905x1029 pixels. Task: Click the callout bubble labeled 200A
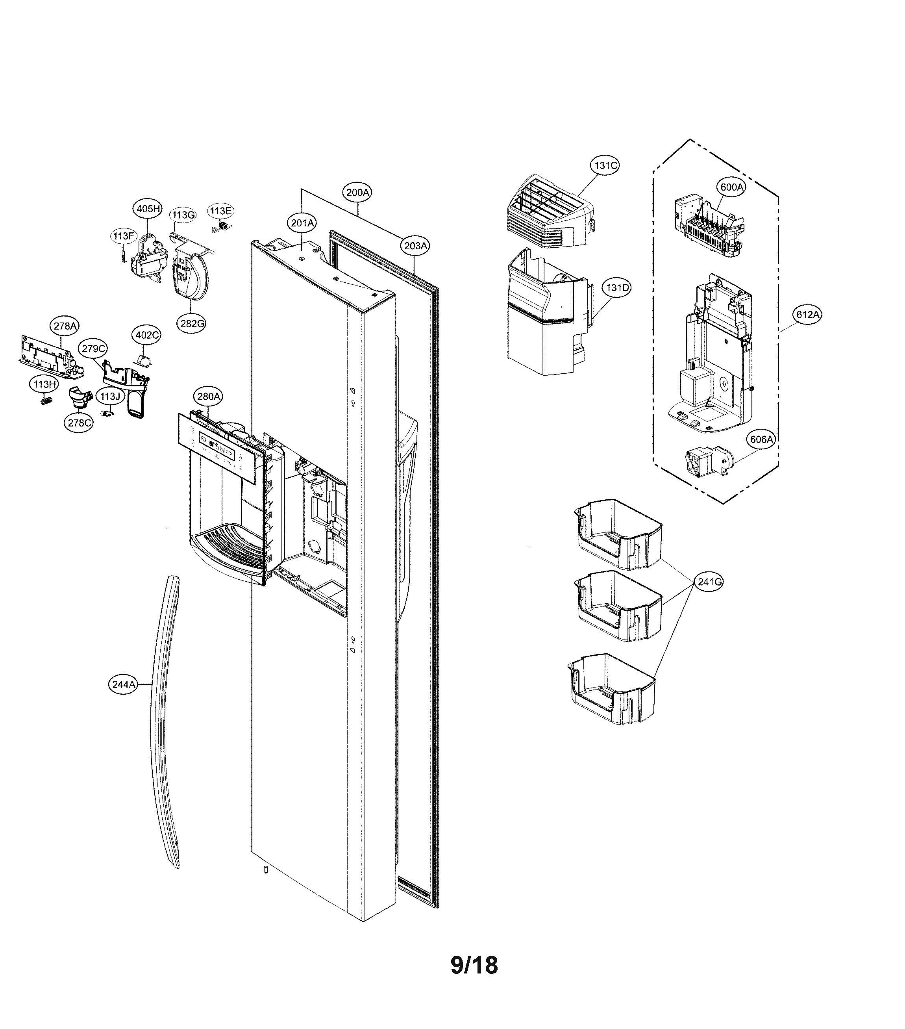tap(358, 192)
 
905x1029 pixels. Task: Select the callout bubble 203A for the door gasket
tap(416, 246)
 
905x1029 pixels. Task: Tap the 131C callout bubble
tap(605, 165)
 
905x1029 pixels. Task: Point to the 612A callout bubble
tap(807, 315)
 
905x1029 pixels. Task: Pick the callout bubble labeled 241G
tap(710, 582)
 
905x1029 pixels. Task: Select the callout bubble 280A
tap(208, 397)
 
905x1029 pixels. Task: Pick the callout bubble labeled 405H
tap(148, 208)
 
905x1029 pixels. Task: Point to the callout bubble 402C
tap(147, 335)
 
